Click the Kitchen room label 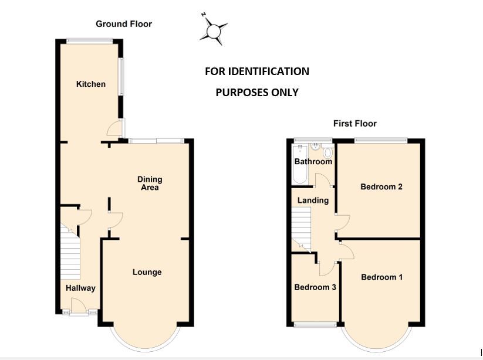coord(91,84)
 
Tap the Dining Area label coord(150,184)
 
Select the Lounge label coord(147,272)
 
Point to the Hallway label coord(80,288)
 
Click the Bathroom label coord(313,161)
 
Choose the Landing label coord(313,200)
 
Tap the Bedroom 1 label coord(381,277)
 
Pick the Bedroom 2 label coord(381,187)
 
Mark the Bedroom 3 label coord(315,287)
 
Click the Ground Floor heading coord(124,24)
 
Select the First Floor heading coord(354,123)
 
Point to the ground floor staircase coord(69,252)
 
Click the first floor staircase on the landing coord(301,229)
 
